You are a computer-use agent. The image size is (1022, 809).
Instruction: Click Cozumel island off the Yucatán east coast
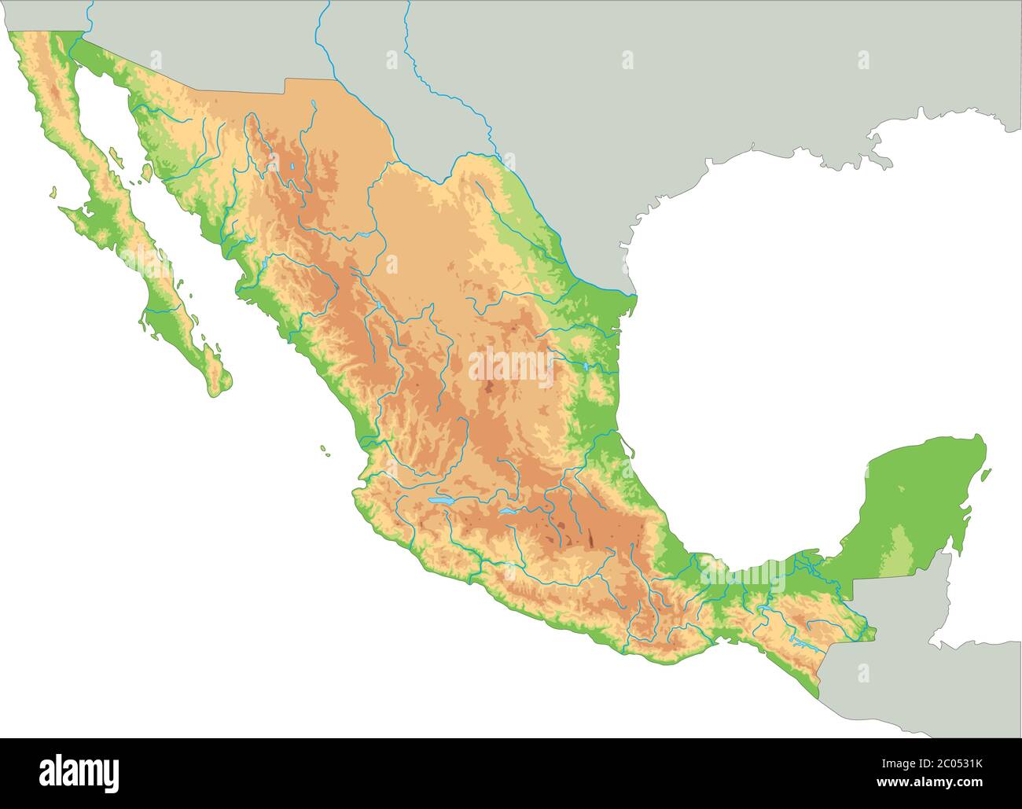click(x=986, y=475)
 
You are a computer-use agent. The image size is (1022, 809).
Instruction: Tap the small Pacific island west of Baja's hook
click(x=53, y=191)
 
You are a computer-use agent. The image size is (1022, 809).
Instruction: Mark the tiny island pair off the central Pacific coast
click(x=324, y=450)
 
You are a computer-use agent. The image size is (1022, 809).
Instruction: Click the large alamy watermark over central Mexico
click(x=511, y=366)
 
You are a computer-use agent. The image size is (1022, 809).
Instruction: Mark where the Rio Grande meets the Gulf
click(x=634, y=295)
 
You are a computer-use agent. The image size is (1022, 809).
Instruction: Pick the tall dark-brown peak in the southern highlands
click(x=588, y=539)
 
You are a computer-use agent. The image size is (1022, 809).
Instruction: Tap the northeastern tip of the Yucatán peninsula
click(x=980, y=436)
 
